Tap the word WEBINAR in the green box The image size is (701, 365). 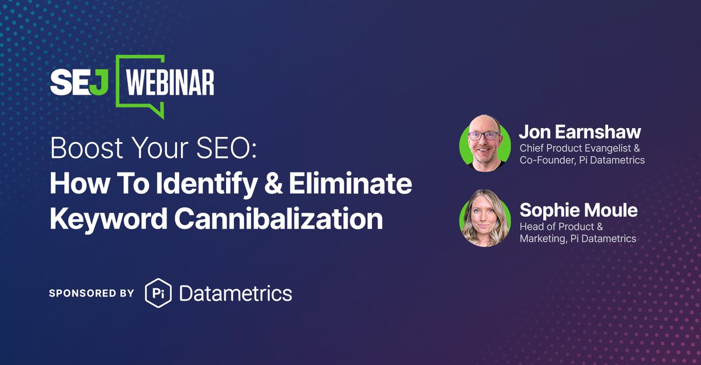(x=170, y=84)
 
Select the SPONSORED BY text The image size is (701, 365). (x=92, y=293)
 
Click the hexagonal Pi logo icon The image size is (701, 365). (x=157, y=293)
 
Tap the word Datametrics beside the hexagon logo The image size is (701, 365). (x=235, y=293)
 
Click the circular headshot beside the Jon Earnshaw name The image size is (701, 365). (x=484, y=143)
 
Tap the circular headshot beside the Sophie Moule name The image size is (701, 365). (x=484, y=218)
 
